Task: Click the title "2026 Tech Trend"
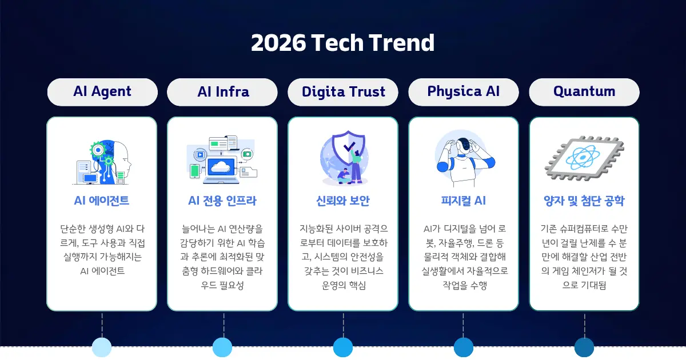pos(342,43)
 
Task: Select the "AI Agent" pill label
pos(102,91)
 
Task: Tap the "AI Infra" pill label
pos(223,91)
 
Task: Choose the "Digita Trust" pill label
pos(343,91)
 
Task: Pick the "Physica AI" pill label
pos(463,91)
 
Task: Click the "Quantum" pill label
pos(584,91)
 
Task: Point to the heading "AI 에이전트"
pos(102,201)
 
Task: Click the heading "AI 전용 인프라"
pos(222,201)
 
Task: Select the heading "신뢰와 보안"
pos(343,201)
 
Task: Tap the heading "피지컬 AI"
pos(463,201)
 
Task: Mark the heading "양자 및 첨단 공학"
pos(584,201)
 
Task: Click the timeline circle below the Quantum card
pos(584,347)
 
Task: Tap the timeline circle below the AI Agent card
pos(102,347)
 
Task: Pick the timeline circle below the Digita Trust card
pos(343,347)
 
